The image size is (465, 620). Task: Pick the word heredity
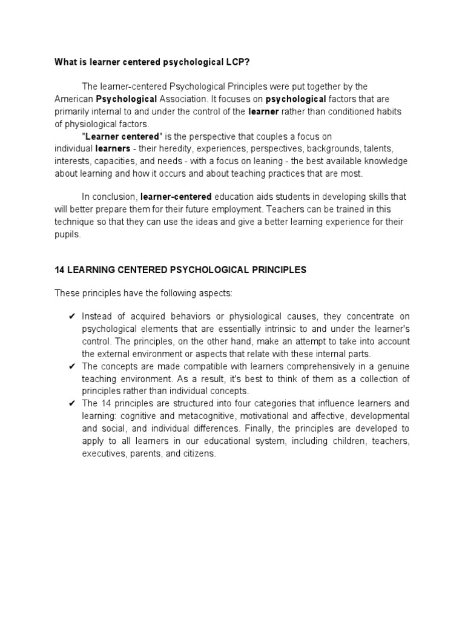[160, 149]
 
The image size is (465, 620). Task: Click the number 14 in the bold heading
[60, 270]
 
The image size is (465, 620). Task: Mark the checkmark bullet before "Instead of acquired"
[71, 316]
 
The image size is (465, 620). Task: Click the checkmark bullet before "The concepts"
[71, 366]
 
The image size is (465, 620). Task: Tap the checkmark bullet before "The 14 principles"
[71, 403]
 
